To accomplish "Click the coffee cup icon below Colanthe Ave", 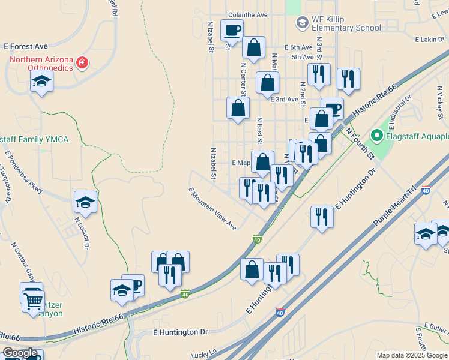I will pos(232,29).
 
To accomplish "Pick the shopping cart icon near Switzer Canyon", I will pos(33,299).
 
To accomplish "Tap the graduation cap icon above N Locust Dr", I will pos(85,202).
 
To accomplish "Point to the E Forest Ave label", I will pos(26,46).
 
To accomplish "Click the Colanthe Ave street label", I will pos(247,15).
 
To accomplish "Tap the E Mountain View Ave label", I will pos(212,209).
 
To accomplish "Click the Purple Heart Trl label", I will pos(394,206).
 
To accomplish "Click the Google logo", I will pos(19,353).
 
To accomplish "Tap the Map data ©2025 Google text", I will pos(412,355).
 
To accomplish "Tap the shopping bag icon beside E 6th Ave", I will pos(254,47).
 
